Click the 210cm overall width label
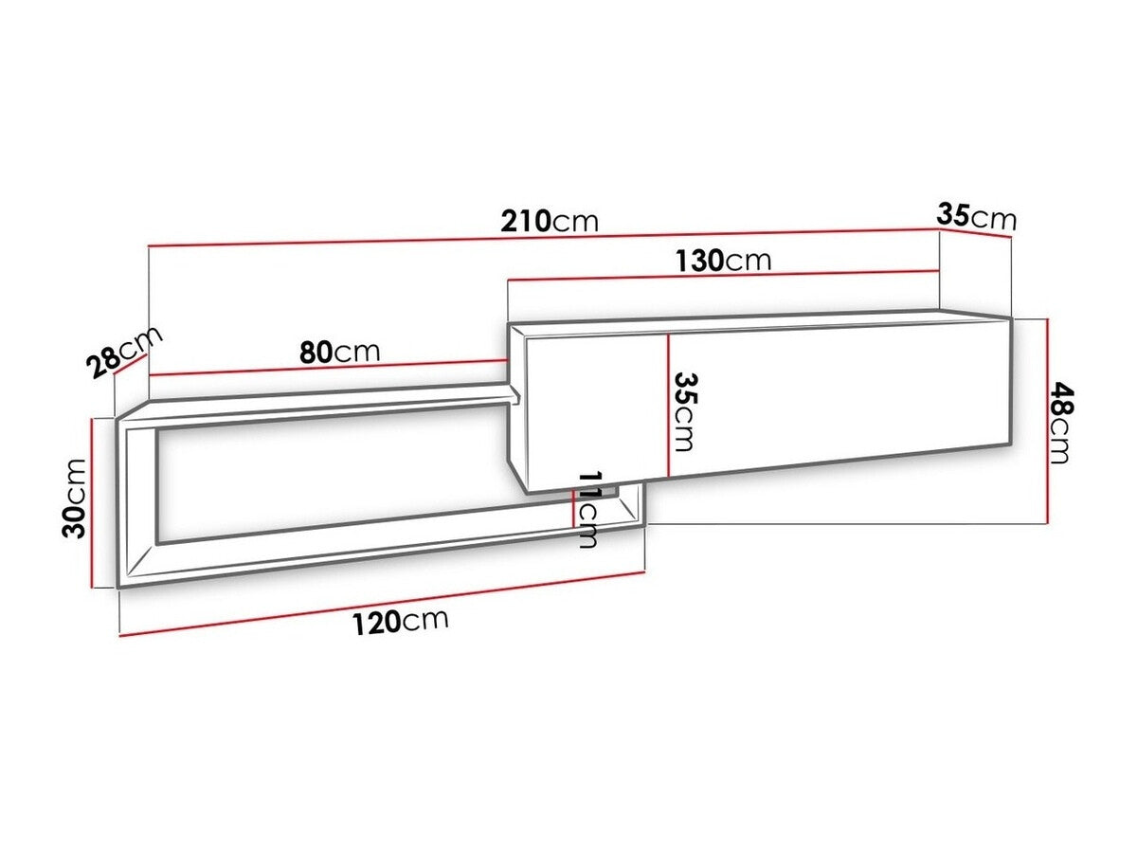click(x=549, y=221)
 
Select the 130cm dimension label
click(x=723, y=261)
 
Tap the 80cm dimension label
click(x=339, y=353)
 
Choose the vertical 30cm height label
click(x=74, y=499)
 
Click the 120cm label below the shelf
click(x=400, y=621)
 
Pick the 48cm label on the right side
click(x=1060, y=422)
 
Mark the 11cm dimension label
click(x=588, y=509)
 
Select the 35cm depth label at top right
click(x=976, y=216)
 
